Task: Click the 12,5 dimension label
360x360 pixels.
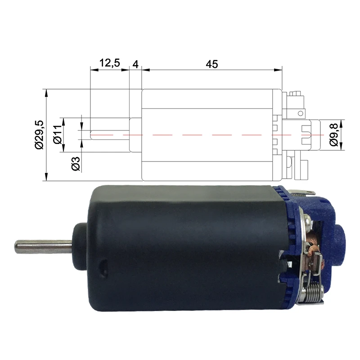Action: coord(109,63)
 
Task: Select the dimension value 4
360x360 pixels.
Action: coord(135,64)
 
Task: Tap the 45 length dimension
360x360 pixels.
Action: coord(211,64)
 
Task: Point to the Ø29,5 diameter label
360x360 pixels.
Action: coord(39,135)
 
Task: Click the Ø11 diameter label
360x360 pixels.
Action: coord(58,135)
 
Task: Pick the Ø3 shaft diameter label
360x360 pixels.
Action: coord(76,164)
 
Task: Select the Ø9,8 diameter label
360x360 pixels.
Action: coord(333,135)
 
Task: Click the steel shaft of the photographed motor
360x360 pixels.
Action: coord(43,247)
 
